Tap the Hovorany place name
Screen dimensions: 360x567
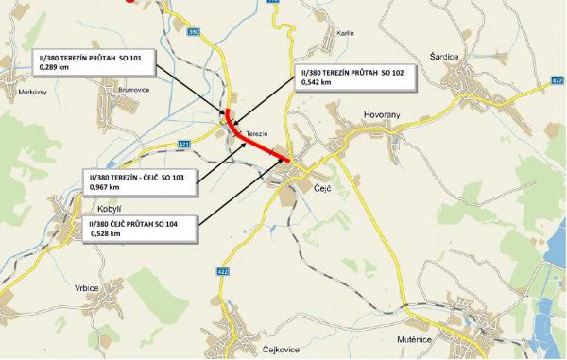pos(382,114)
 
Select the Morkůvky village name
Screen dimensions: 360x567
pos(33,92)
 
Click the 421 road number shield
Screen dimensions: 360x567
pos(184,144)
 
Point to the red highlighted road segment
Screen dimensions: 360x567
pos(255,142)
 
